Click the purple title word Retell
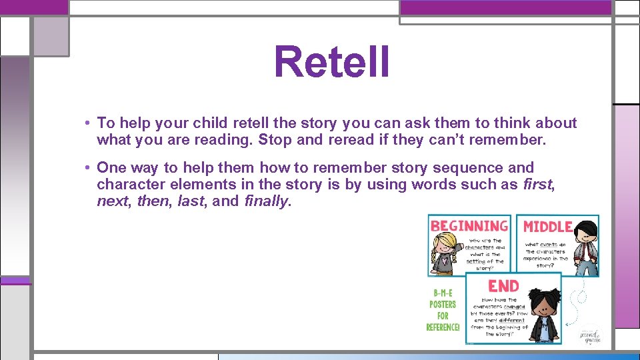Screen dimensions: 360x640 [331, 62]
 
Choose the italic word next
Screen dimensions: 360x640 [113, 202]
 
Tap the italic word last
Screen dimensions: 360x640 [191, 202]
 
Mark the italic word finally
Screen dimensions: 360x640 [266, 202]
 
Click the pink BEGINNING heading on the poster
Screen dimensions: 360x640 [469, 226]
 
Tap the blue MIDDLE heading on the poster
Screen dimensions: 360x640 [547, 227]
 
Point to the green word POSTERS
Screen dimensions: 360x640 [442, 304]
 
